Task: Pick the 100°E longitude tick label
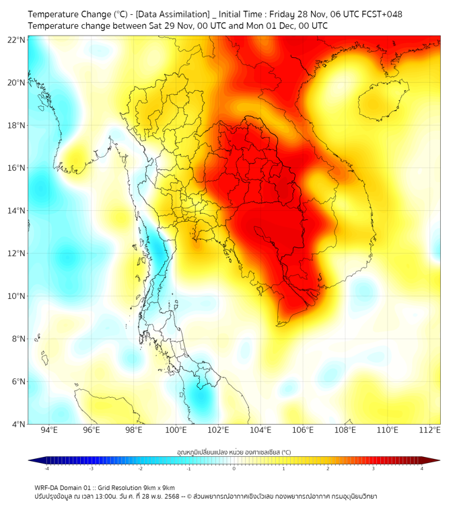coord(176,430)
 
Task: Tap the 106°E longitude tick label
coord(303,430)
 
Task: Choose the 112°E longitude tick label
coord(429,430)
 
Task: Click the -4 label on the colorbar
coord(46,468)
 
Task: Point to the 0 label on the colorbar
coord(234,468)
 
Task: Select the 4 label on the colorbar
coord(421,468)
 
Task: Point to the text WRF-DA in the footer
coord(48,487)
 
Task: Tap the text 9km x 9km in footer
coord(159,487)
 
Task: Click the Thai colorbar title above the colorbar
coord(234,452)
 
